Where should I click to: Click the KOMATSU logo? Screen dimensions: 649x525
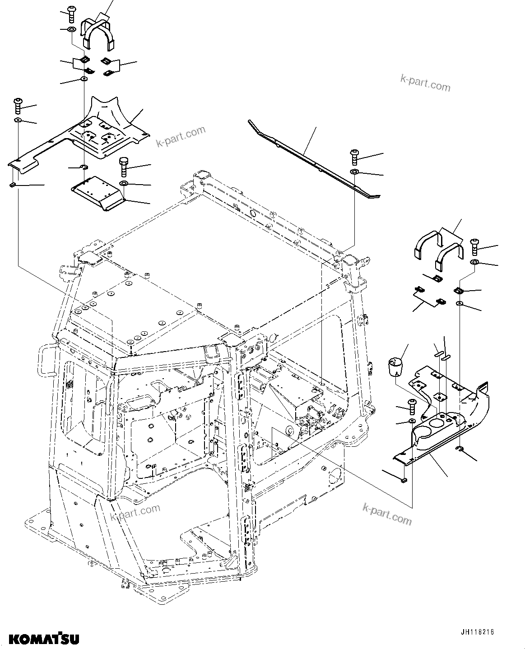44,638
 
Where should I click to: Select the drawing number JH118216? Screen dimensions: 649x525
477,632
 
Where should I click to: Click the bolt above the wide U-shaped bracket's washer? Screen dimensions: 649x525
71,14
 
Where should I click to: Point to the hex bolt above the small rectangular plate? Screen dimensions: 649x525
124,167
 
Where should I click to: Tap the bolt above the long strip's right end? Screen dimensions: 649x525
354,158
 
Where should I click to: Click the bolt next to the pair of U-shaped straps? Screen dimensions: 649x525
475,246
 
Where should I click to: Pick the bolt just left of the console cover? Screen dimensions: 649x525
412,406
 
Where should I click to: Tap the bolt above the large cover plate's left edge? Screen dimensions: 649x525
19,105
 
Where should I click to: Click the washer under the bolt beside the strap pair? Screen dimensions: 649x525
475,262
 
